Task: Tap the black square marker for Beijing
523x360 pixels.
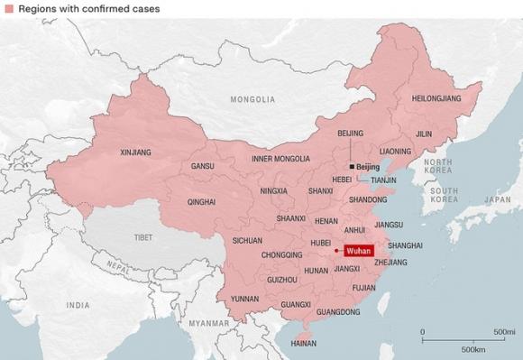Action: (352, 167)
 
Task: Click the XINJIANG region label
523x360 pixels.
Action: (135, 152)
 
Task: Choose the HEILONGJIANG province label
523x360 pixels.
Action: (436, 97)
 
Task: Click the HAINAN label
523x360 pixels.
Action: (305, 343)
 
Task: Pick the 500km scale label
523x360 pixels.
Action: (473, 348)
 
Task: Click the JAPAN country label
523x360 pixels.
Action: (497, 199)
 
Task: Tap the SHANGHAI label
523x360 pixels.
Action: (405, 245)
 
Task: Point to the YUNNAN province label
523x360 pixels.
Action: (244, 299)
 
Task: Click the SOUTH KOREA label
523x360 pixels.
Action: (445, 196)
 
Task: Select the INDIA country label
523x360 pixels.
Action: (78, 306)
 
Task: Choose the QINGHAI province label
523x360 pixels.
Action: (201, 202)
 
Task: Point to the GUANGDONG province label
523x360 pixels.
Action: (339, 312)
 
